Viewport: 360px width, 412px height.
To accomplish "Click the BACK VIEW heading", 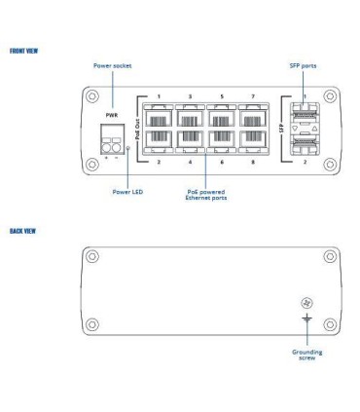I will pos(23,231).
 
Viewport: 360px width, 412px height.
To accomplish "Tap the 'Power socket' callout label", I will pos(112,65).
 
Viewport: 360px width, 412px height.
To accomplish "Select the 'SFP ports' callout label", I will pos(303,65).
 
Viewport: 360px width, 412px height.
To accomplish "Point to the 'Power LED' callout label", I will pos(127,192).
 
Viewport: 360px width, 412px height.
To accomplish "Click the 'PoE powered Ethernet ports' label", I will pos(205,194).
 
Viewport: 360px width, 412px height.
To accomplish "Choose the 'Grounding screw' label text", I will pos(306,355).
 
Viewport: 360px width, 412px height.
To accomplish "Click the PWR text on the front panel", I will pos(111,114).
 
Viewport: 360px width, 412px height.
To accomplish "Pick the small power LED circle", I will pos(130,149).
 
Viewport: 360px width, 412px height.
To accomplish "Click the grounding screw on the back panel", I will pos(306,304).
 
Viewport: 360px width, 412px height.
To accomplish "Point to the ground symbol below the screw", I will pos(306,318).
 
